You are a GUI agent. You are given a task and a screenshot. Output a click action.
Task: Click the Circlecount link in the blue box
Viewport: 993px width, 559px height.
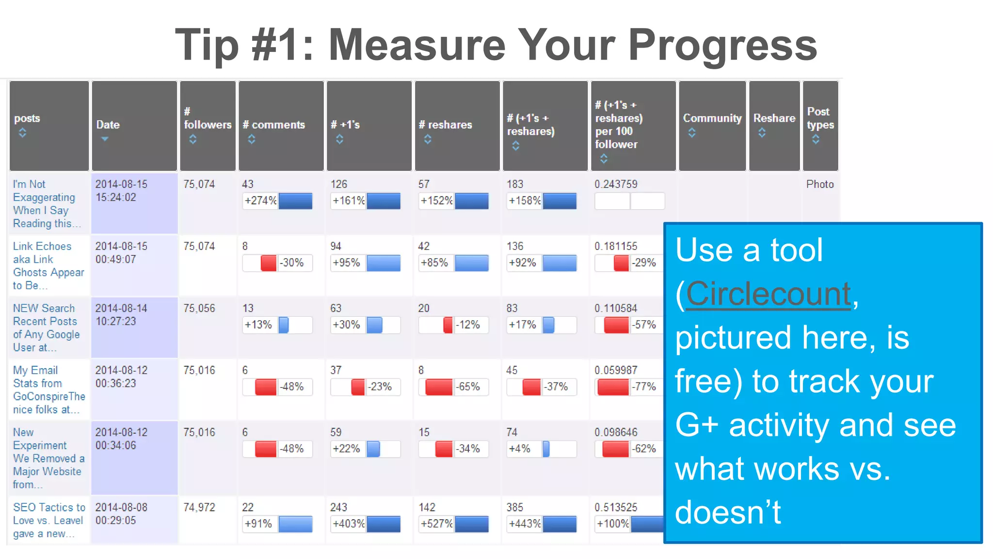[769, 294]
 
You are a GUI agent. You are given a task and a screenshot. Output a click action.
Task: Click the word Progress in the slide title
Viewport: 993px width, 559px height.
[722, 45]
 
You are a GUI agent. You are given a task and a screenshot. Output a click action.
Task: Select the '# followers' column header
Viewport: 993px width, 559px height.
[208, 125]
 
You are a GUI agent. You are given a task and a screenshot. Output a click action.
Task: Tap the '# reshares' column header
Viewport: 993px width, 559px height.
[445, 125]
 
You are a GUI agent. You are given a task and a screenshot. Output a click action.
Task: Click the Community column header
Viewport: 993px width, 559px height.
[712, 118]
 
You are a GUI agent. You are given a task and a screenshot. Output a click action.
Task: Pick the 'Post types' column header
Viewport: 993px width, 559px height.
[820, 118]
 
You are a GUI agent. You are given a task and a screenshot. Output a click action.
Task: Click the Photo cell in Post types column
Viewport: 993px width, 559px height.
[820, 184]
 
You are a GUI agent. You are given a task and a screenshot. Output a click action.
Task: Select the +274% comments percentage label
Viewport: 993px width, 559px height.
[260, 200]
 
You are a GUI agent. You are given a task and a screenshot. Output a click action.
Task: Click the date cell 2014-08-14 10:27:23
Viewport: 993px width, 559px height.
[121, 315]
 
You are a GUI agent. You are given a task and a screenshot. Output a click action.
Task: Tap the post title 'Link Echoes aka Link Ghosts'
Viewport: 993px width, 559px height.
[48, 265]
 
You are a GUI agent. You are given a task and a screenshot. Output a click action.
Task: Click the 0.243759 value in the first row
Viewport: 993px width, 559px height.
[616, 184]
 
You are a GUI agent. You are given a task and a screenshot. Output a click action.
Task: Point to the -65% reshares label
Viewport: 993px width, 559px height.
[468, 387]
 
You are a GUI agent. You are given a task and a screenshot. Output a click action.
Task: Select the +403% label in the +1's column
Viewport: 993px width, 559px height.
[348, 524]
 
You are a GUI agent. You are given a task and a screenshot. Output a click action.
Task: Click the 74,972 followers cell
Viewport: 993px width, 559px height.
[199, 508]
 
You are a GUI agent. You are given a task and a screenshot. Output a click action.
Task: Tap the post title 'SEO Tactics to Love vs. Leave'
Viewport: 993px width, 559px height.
[48, 520]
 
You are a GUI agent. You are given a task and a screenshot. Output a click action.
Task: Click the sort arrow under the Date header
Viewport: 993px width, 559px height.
[104, 139]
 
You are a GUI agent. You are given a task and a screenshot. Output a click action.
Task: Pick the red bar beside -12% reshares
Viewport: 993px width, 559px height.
[448, 325]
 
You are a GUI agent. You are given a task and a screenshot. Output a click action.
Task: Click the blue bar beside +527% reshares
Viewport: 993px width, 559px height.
[471, 524]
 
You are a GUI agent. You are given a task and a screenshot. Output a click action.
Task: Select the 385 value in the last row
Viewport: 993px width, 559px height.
[514, 508]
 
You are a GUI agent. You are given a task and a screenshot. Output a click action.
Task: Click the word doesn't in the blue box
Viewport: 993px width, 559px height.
[728, 512]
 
